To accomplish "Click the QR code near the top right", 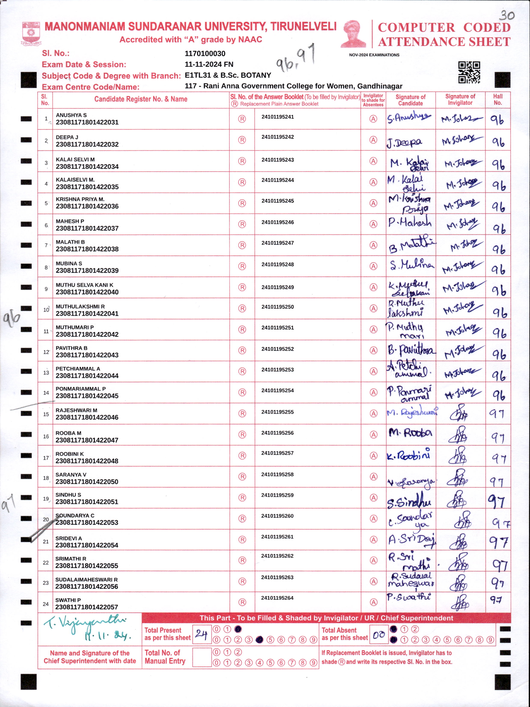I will [x=469, y=72].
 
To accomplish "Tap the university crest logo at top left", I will [x=31, y=33].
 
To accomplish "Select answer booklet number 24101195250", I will [x=277, y=307].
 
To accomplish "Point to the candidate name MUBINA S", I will [x=69, y=263].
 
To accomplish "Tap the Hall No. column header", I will [x=497, y=99].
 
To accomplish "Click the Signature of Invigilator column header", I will [x=460, y=99].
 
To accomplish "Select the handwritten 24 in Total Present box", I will [x=201, y=634].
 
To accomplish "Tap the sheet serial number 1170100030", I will [x=205, y=53].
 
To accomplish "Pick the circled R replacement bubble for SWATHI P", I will [x=242, y=602].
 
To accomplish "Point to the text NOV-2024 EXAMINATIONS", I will [x=374, y=55].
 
